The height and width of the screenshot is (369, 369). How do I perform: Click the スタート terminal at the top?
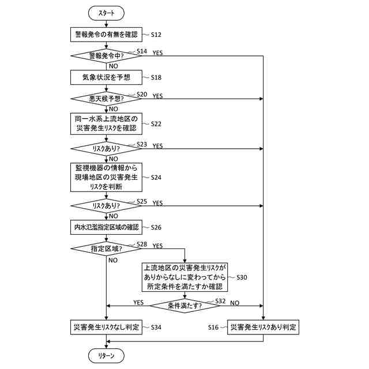107,13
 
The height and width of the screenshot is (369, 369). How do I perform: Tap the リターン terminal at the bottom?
107,356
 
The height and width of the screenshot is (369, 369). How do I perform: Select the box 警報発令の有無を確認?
107,35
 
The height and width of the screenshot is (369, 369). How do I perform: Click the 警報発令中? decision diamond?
107,56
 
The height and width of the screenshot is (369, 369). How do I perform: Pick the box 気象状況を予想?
107,77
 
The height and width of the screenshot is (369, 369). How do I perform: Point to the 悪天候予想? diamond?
107,99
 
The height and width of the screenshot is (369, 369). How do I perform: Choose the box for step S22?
107,124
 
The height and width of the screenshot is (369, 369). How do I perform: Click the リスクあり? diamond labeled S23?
107,149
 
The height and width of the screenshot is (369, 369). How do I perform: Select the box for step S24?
107,177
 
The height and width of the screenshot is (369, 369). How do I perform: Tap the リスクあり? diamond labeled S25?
107,205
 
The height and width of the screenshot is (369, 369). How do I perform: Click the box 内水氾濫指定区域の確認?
107,227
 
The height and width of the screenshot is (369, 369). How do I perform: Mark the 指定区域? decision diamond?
107,248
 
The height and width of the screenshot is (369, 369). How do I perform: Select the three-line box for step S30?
184,277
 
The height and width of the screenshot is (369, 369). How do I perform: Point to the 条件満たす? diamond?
184,306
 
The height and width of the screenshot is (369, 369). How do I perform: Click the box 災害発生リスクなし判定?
107,327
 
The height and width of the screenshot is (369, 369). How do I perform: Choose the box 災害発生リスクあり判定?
263,327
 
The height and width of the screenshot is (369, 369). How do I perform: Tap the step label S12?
155,35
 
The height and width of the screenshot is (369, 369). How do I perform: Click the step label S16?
213,327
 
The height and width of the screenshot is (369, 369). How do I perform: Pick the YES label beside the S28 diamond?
157,246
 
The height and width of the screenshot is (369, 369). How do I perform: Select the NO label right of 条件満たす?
235,303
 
